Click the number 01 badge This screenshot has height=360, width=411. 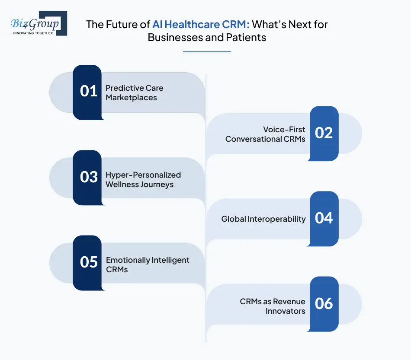pos(88,92)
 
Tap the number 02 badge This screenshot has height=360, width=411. pos(324,133)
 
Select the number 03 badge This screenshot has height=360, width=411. pos(88,177)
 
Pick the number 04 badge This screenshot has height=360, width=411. pos(324,218)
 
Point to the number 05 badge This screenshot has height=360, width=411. pos(88,262)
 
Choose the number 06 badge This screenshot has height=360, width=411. pos(324,303)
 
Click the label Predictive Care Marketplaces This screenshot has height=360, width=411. pos(134,92)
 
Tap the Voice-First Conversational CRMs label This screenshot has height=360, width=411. pos(265,134)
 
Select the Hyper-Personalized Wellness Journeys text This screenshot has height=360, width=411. pos(143,179)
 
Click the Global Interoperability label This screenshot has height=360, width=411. pos(263,219)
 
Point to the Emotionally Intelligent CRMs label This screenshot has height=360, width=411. pos(148,264)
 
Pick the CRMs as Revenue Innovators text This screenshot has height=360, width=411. pos(273,306)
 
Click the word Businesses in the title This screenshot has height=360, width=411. pos(177,37)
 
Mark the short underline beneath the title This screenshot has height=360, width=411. pos(207,52)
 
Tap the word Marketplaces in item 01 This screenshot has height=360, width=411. pos(131,97)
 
